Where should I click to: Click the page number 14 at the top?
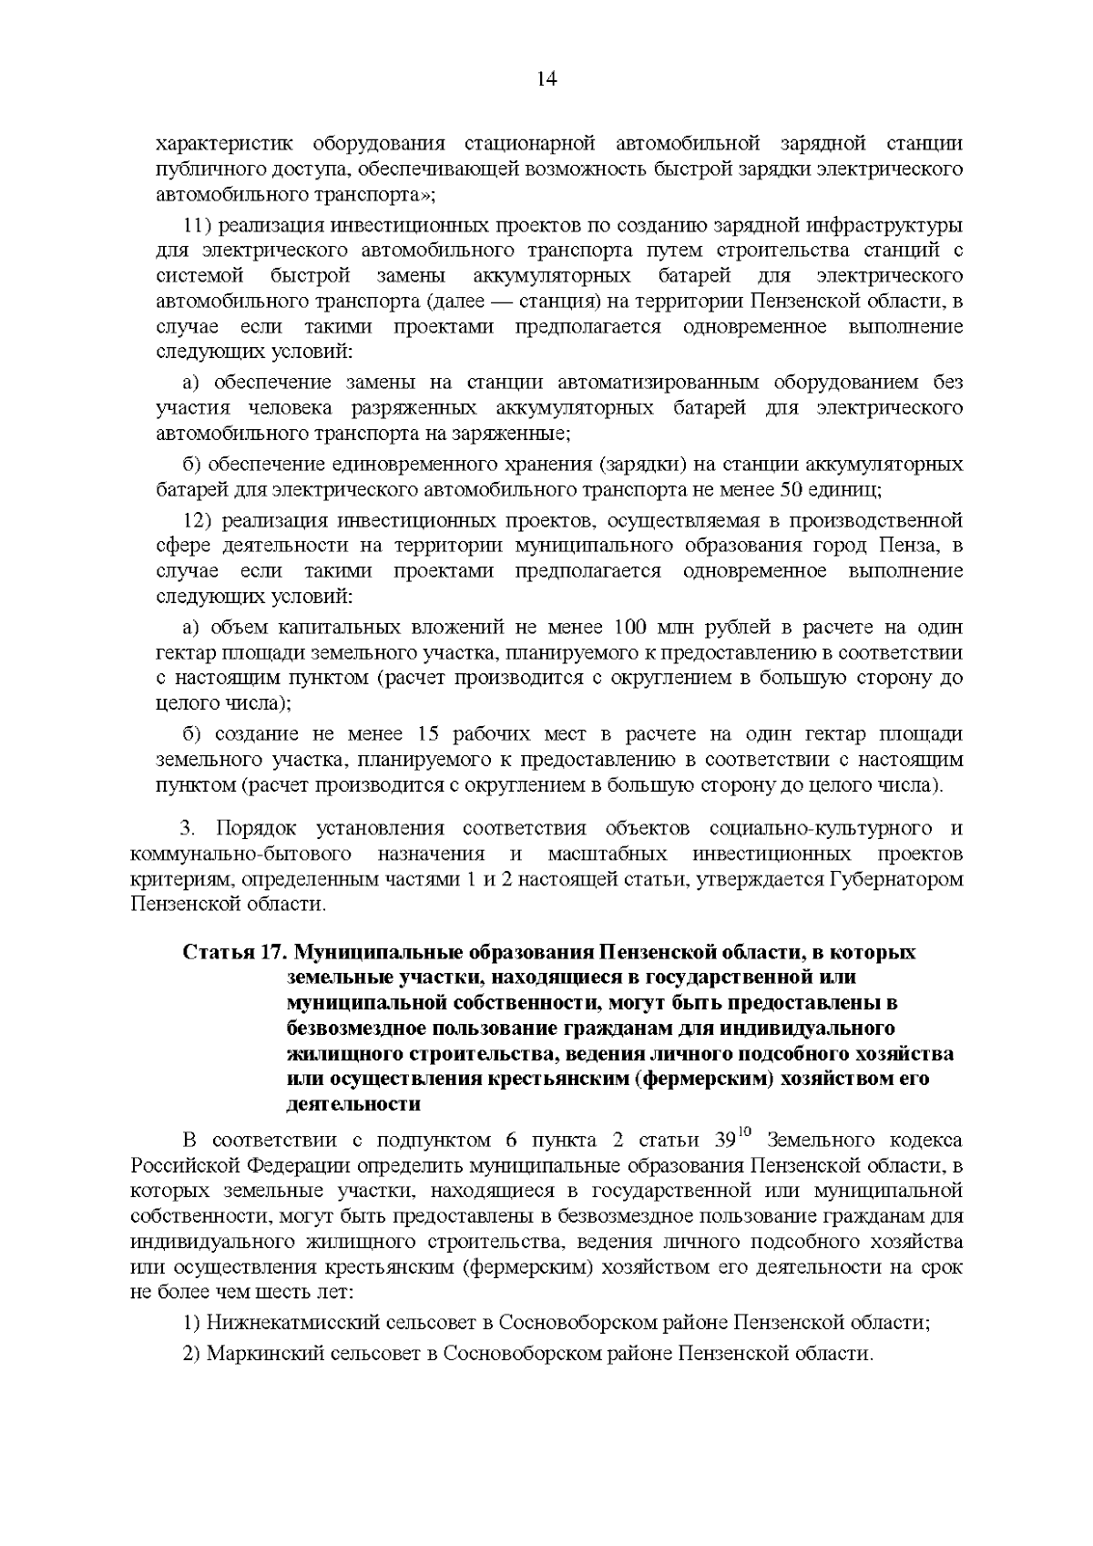546,79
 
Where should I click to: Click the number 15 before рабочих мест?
430,734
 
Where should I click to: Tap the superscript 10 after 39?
745,1132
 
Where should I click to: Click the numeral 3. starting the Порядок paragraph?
188,829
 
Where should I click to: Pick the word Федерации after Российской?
268,1166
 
